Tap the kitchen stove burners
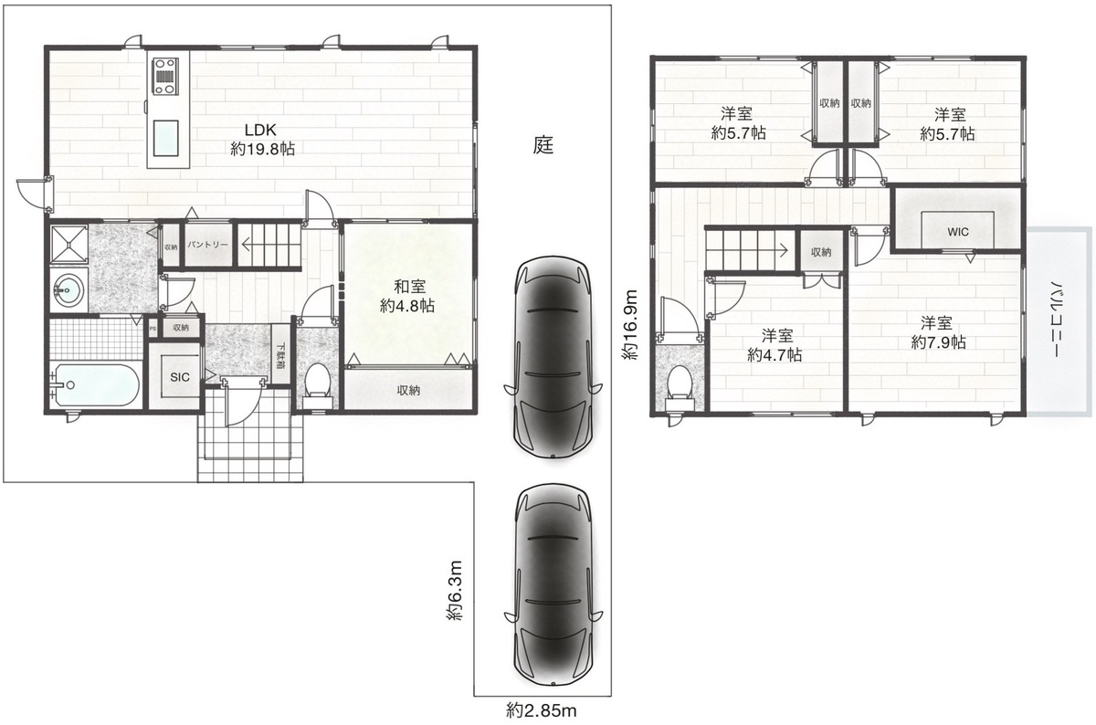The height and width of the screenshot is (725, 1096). [165, 76]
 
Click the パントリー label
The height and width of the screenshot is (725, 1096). [208, 244]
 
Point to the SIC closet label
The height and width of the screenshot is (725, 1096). [180, 377]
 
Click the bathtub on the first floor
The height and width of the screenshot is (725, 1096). [95, 385]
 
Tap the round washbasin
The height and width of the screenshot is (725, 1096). [68, 290]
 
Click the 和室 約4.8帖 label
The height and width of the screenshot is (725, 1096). [407, 296]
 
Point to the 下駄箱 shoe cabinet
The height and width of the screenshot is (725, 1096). [281, 355]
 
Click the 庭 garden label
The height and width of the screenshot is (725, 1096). [543, 145]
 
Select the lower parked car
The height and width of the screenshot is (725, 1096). [553, 585]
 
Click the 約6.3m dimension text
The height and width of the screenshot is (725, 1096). [455, 591]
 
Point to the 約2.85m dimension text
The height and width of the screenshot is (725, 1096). [542, 709]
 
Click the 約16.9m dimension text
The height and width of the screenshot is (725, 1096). [630, 325]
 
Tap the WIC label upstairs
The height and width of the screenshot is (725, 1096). [957, 232]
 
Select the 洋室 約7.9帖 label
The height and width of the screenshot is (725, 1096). [937, 332]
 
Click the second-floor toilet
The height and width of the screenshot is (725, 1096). [680, 387]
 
